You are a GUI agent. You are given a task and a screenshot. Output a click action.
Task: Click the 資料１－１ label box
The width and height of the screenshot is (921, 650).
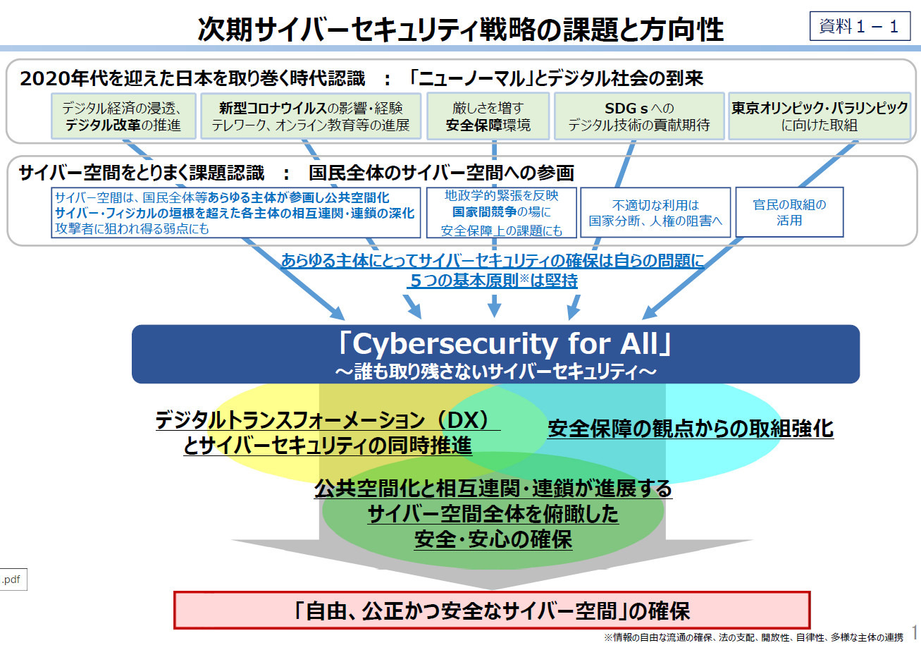point(859,27)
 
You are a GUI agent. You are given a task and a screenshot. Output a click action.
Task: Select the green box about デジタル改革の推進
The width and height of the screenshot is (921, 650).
point(123,117)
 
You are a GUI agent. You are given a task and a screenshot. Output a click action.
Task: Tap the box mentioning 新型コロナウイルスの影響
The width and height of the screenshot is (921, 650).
point(311,117)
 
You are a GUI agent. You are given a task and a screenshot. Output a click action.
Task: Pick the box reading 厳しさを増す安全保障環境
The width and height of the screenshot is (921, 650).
point(488,117)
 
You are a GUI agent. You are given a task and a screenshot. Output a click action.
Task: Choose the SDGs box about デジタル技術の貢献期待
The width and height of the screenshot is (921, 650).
point(638,117)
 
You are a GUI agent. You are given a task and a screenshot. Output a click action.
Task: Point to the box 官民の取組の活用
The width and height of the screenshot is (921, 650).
point(789,212)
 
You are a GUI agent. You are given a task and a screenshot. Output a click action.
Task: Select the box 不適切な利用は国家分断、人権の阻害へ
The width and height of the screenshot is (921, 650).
point(655,212)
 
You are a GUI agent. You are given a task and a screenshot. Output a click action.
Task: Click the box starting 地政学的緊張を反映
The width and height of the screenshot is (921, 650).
point(501,212)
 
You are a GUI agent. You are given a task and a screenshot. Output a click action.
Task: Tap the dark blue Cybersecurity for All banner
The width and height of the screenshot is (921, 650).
point(495,345)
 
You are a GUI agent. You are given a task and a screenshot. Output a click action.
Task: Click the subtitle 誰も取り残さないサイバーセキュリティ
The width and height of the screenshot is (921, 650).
point(495,370)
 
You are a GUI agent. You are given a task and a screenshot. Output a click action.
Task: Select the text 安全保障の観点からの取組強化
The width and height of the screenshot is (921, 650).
point(690,428)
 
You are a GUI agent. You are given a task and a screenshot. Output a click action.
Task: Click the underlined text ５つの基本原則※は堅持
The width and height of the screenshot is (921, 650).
point(493,281)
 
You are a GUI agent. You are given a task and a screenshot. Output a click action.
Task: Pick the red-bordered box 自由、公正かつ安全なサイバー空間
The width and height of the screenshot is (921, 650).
point(492,610)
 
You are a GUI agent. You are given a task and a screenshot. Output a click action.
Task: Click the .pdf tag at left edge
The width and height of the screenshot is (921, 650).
point(12,580)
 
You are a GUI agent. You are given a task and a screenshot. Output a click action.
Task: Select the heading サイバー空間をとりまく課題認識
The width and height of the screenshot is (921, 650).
point(142,173)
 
